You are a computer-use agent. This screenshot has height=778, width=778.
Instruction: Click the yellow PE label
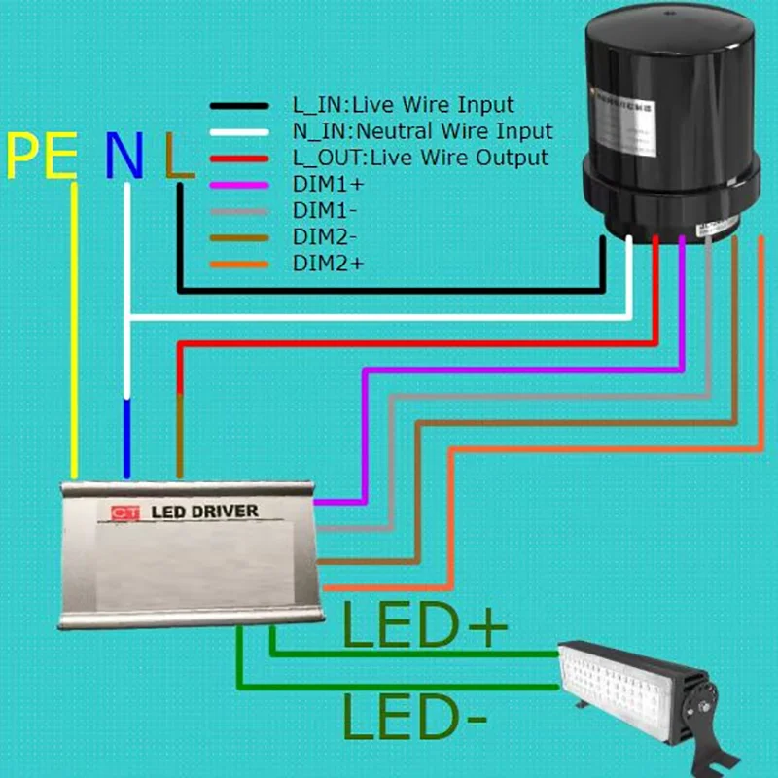(x=41, y=156)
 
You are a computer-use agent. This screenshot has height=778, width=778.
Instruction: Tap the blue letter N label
(x=124, y=156)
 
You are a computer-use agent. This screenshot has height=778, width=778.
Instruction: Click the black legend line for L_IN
(x=239, y=105)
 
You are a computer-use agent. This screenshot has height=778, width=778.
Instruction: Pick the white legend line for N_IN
(x=239, y=131)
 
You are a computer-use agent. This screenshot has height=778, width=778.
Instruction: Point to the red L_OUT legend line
(x=239, y=158)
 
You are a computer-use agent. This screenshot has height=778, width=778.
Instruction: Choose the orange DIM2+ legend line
(x=239, y=263)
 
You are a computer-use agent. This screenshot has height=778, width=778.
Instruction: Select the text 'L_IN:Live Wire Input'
(x=403, y=105)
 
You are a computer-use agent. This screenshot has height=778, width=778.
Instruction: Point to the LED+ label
(x=425, y=629)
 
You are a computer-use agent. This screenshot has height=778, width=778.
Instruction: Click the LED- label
(x=413, y=722)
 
